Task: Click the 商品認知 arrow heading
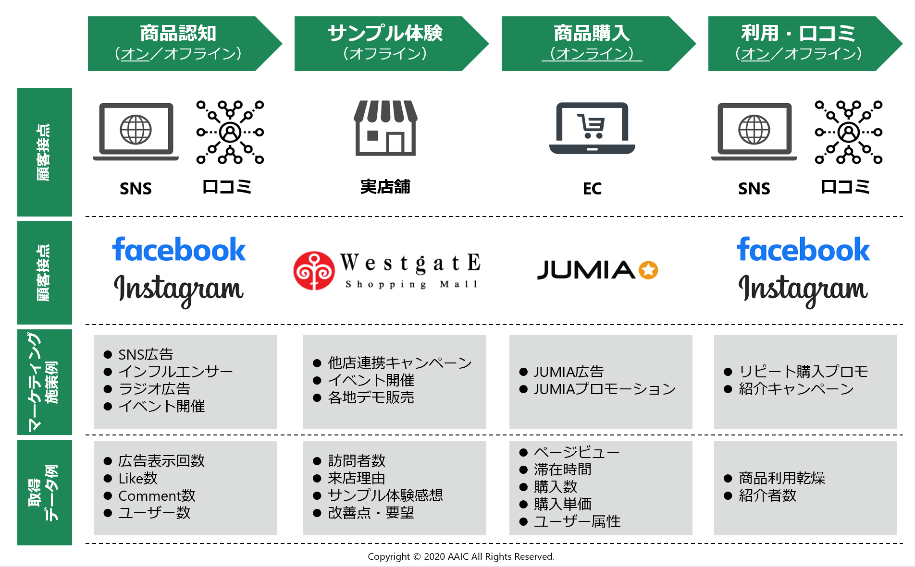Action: point(178,43)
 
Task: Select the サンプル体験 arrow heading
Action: point(385,43)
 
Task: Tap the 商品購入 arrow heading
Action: point(592,43)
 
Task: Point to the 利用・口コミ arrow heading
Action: point(798,43)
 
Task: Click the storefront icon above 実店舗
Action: point(385,128)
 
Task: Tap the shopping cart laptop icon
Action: point(592,128)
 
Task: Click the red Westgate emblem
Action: point(314,271)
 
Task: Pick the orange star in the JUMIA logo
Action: point(648,270)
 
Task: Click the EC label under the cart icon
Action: point(592,189)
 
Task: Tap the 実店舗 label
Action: point(385,187)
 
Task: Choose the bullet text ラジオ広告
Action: point(154,389)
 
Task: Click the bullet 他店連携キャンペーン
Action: point(399,363)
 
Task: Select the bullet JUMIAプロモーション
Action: point(605,389)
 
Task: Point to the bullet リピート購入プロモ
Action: point(803,372)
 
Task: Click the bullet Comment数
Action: point(157,495)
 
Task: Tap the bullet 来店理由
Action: point(356,478)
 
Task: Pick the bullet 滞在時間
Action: point(562,470)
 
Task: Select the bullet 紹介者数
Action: point(767,495)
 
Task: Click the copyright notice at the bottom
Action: point(461,556)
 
